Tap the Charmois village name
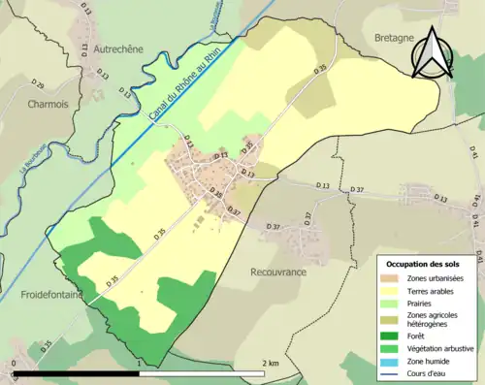click(x=48, y=103)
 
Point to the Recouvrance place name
click(x=278, y=272)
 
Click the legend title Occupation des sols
click(x=425, y=264)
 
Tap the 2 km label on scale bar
click(x=271, y=363)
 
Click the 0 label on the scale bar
click(x=15, y=363)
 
